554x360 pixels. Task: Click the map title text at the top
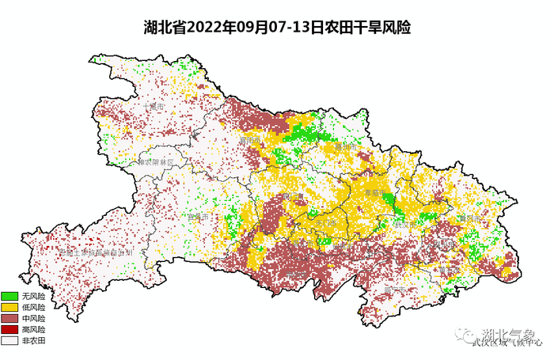click(276, 27)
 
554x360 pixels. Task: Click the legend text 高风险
click(34, 329)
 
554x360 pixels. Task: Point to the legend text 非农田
click(34, 340)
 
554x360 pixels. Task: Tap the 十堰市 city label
click(154, 107)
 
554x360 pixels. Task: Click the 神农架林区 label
click(161, 161)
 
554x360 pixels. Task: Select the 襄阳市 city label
click(251, 140)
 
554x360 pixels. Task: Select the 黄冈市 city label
click(469, 217)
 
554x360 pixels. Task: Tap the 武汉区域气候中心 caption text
click(507, 343)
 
